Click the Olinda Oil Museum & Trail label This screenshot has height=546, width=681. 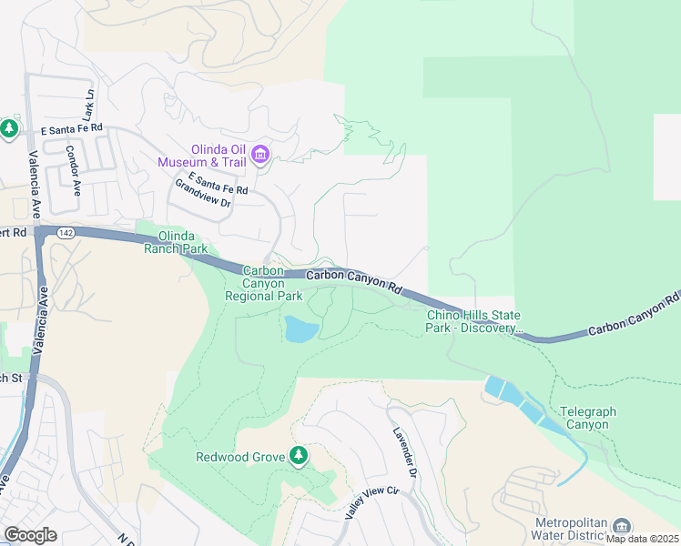(x=219, y=156)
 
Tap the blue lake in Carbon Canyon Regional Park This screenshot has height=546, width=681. (x=300, y=329)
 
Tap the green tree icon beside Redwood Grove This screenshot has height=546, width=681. (x=299, y=455)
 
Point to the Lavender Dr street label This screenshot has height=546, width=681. (x=405, y=454)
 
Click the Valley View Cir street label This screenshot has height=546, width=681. (x=371, y=503)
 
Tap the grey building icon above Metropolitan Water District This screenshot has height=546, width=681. (x=621, y=526)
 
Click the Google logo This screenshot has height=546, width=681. (x=30, y=535)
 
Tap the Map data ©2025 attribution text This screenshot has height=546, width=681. (x=642, y=539)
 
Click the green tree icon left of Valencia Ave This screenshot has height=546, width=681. (x=9, y=128)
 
